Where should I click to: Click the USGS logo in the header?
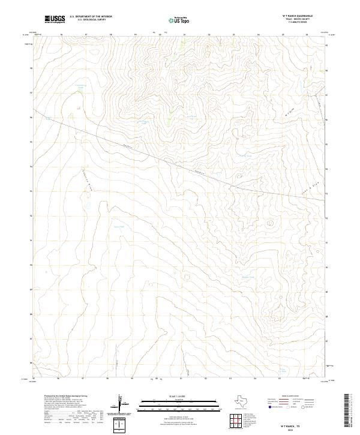coord(55,19)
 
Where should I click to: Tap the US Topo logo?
coord(175,20)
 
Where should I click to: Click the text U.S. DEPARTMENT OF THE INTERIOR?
coord(91,17)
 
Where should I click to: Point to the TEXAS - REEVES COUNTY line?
coord(307,20)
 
